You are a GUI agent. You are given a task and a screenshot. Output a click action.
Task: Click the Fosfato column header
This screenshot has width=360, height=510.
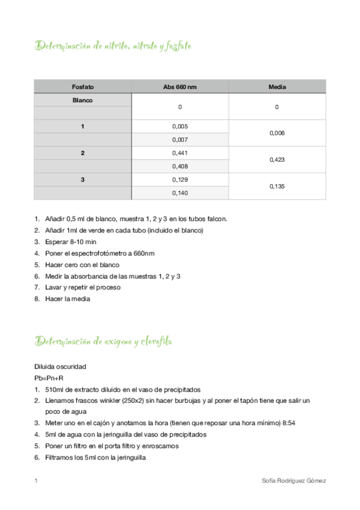pos(82,87)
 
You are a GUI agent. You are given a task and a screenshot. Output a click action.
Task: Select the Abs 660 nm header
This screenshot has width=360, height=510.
pos(180,87)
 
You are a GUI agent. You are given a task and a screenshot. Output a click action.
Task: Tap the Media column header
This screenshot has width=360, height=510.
pos(276,87)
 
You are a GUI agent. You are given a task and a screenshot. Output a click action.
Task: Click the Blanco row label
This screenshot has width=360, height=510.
pos(82,100)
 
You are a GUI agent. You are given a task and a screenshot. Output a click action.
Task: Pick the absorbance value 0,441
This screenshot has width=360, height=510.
pos(180,153)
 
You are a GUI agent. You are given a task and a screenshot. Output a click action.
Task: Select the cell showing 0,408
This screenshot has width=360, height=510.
pos(180,167)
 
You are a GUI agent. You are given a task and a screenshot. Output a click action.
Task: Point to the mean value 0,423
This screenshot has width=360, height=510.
pos(277,160)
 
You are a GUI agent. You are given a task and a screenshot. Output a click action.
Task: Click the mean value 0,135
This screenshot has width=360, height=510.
pos(277,186)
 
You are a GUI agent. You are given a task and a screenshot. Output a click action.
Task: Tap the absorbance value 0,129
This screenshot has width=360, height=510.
pos(180,180)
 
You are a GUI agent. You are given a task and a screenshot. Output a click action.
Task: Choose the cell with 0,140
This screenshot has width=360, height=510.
pos(180,193)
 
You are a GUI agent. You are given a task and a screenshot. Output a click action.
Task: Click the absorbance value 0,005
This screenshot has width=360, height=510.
pos(180,127)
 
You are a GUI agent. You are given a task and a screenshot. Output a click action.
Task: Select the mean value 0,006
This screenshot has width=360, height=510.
pos(277,134)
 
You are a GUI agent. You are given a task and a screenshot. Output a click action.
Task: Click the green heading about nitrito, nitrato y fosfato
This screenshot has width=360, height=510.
pos(114,46)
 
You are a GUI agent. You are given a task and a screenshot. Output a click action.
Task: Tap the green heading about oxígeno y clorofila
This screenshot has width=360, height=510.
pos(104,342)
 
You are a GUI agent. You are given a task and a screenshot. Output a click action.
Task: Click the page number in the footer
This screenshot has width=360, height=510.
pos(36,481)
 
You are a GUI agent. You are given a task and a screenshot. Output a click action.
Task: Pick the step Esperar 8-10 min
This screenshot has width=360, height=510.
pos(70,242)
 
